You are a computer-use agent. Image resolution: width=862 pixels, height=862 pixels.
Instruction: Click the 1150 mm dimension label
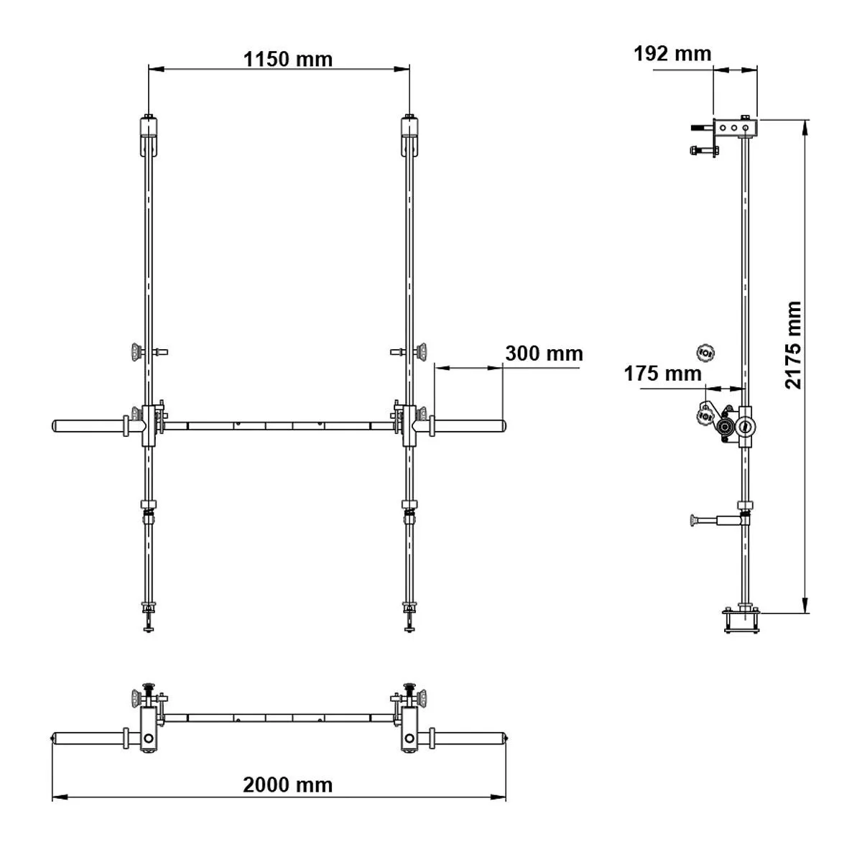point(287,58)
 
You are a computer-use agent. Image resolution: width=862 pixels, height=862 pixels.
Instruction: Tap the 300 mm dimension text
point(543,353)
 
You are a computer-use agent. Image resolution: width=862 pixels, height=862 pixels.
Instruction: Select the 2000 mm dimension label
point(287,784)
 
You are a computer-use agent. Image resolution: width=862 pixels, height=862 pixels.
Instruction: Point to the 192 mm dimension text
point(672,54)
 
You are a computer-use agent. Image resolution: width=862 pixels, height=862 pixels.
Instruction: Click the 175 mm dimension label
point(662,374)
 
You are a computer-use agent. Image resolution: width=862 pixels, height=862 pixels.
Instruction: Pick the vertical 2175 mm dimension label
point(792,345)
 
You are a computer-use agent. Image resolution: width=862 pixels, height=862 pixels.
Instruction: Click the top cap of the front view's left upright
point(148,127)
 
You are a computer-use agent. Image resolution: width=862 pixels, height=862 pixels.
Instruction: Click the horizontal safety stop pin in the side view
point(714,518)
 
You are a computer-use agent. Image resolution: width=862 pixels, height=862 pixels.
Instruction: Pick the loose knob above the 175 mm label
point(705,352)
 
